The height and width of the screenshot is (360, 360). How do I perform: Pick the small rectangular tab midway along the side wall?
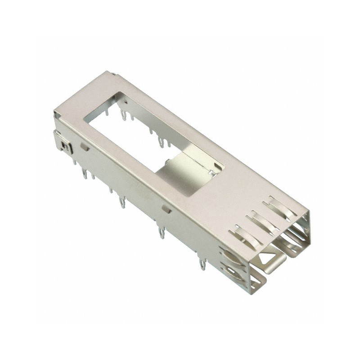tap(166, 208)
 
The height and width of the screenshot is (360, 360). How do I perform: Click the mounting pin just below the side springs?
tap(202, 263)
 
